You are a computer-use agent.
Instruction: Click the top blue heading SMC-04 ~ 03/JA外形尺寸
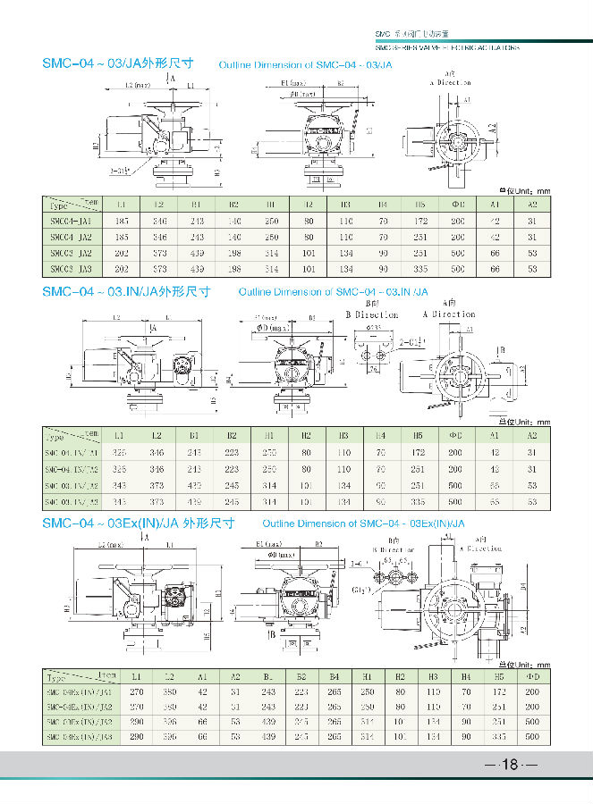click(118, 64)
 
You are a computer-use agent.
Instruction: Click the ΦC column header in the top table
click(457, 204)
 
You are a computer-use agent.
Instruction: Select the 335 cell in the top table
click(419, 268)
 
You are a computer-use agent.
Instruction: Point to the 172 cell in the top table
click(419, 220)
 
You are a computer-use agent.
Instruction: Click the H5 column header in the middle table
click(418, 435)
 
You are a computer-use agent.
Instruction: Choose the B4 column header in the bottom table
click(335, 676)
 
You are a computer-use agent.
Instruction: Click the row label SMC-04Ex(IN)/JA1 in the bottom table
click(80, 691)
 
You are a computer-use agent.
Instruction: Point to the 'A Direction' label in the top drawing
click(450, 82)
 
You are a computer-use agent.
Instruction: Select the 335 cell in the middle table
click(418, 501)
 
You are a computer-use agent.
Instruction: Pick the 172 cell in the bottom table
click(498, 691)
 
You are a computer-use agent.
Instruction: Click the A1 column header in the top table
click(495, 204)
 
